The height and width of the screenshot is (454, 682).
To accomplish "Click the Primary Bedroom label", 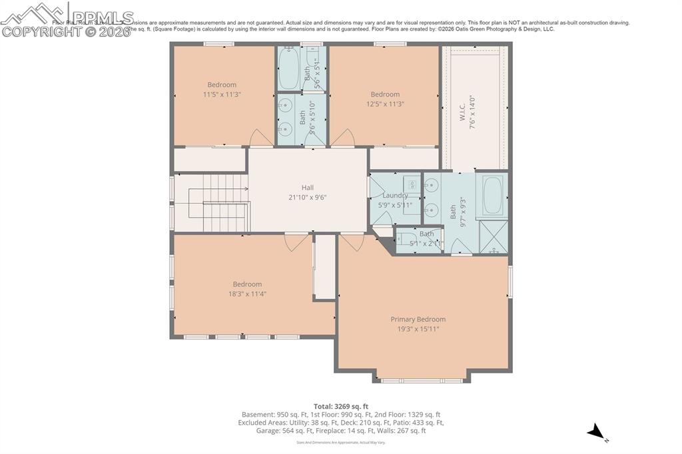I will click(418, 320).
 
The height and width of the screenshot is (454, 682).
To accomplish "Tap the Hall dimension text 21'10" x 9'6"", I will click(307, 197).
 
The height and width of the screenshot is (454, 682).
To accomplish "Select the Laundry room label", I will click(395, 196).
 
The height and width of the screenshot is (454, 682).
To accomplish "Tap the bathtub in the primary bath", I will click(492, 194).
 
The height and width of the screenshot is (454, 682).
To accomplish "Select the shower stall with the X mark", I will click(494, 236).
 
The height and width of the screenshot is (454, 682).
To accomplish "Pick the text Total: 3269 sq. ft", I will click(341, 406).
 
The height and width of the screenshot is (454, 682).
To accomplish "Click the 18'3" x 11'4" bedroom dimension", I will click(247, 294).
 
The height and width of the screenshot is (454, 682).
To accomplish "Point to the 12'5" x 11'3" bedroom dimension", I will click(385, 104).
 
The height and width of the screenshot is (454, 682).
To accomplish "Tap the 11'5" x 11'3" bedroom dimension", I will click(222, 95).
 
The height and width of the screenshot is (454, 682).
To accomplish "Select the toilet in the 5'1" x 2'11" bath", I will click(407, 239).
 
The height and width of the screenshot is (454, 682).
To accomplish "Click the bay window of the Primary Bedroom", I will click(422, 380).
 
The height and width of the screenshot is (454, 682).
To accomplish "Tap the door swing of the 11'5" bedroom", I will click(260, 138).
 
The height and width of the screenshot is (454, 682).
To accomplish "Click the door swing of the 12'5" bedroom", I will click(344, 138).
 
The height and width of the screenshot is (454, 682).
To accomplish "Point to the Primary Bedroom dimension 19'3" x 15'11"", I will click(418, 329).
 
